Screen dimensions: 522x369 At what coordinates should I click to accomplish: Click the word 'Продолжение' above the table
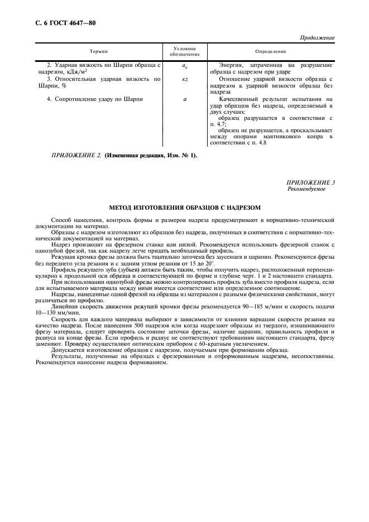click(318, 38)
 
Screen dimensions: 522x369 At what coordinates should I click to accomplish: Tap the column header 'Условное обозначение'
click(185, 51)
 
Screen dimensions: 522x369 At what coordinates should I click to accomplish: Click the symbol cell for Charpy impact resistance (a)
click(185, 99)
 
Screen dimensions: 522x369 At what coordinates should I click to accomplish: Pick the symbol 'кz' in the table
click(185, 80)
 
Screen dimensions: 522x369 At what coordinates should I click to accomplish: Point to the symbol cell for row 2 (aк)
click(185, 66)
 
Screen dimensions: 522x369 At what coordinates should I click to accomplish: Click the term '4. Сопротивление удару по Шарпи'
click(95, 99)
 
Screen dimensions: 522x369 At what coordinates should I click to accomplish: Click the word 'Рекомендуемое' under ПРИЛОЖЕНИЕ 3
click(306, 189)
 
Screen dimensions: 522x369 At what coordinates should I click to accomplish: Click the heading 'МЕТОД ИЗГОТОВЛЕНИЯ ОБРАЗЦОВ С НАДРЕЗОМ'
click(185, 207)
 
